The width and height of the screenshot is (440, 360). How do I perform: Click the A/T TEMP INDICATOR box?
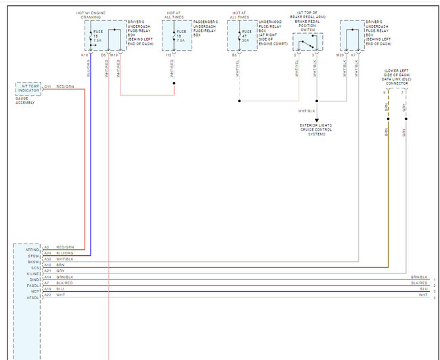pos(28,89)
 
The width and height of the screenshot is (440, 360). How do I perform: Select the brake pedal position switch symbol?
pos(308,43)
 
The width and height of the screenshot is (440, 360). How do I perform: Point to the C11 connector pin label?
pos(48,87)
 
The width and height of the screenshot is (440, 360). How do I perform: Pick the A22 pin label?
pos(47,295)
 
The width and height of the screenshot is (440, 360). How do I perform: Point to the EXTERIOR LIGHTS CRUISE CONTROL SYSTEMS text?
pos(316,129)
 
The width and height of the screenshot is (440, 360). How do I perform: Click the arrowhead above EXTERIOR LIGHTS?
pos(316,120)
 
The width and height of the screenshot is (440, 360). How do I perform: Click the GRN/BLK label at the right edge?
pos(419,277)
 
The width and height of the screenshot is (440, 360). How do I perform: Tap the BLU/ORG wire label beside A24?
pos(64,253)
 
